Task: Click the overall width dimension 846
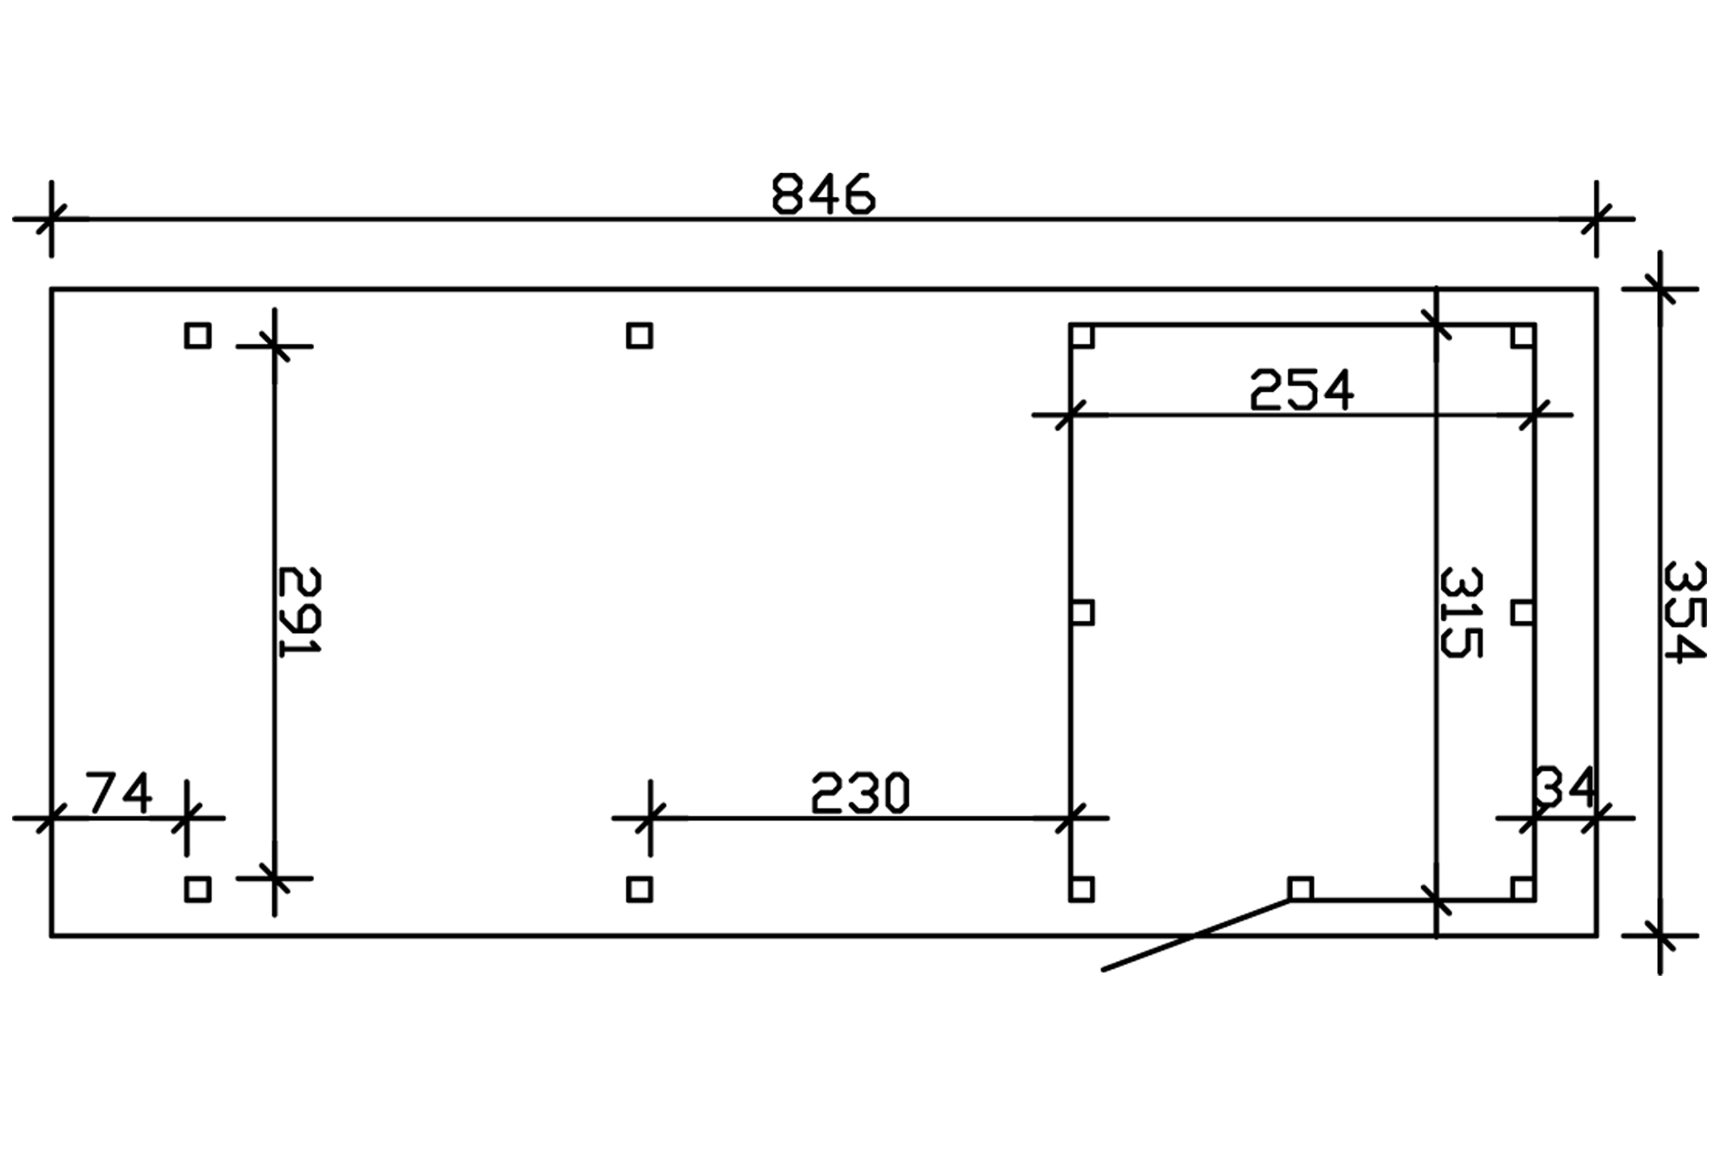click(822, 194)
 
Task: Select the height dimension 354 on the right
click(1684, 611)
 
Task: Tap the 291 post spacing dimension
click(299, 611)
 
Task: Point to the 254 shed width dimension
click(1301, 390)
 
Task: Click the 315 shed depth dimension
click(1461, 611)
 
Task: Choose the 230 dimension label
click(860, 794)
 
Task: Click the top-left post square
click(198, 335)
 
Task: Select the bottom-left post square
click(198, 889)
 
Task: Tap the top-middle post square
click(639, 335)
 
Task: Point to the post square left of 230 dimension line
click(639, 889)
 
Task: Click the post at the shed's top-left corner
click(1082, 336)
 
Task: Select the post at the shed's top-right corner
click(1522, 336)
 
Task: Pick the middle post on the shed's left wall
click(1082, 612)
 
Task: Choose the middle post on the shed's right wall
click(1522, 612)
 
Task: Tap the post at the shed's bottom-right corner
click(1522, 889)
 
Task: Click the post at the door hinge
click(1301, 889)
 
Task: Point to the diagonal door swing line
click(1195, 935)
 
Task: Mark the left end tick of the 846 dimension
click(51, 219)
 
